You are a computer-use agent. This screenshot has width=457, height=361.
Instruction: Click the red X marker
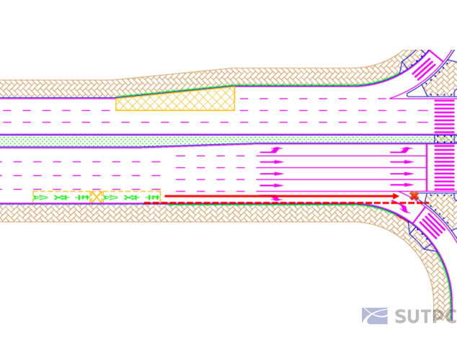click(414, 195)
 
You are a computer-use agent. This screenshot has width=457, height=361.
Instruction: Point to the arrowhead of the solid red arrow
click(396, 196)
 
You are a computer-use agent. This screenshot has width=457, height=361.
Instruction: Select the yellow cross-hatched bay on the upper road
click(175, 99)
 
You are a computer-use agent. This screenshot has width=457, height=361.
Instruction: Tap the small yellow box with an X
click(97, 197)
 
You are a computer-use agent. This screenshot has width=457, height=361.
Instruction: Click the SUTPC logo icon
click(375, 316)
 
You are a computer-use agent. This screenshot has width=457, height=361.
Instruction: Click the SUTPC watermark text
click(426, 316)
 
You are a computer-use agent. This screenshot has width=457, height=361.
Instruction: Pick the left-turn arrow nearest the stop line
click(401, 151)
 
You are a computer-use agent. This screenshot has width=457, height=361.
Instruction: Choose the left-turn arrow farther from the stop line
click(271, 151)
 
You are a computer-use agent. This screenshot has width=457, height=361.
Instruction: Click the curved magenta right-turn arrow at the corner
click(404, 208)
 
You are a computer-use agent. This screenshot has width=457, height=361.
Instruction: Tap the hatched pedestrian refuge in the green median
click(445, 139)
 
